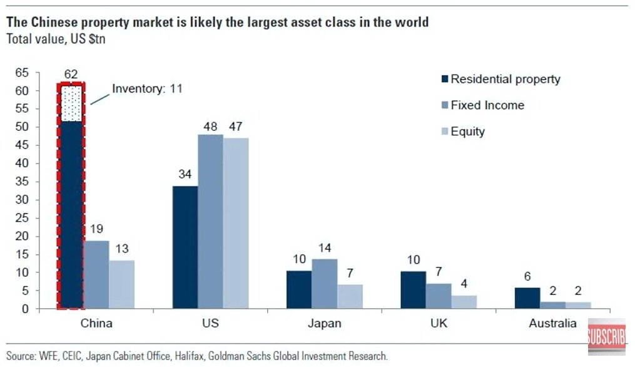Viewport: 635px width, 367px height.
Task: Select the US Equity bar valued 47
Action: (x=236, y=223)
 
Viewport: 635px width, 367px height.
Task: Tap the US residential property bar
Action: (x=185, y=247)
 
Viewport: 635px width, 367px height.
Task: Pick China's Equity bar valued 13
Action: (x=121, y=284)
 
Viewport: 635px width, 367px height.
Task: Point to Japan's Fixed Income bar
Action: (x=324, y=284)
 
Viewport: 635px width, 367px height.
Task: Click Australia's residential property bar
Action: (x=527, y=298)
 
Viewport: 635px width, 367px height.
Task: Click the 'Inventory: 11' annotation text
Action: (x=147, y=89)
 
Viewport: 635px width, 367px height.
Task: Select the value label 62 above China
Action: (x=71, y=75)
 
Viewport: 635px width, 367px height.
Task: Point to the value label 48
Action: (x=210, y=126)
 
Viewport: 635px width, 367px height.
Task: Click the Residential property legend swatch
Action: (x=445, y=80)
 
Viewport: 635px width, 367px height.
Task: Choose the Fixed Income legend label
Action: (x=487, y=105)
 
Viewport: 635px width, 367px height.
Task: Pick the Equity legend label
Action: (x=467, y=132)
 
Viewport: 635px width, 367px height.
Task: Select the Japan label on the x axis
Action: (x=325, y=324)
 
